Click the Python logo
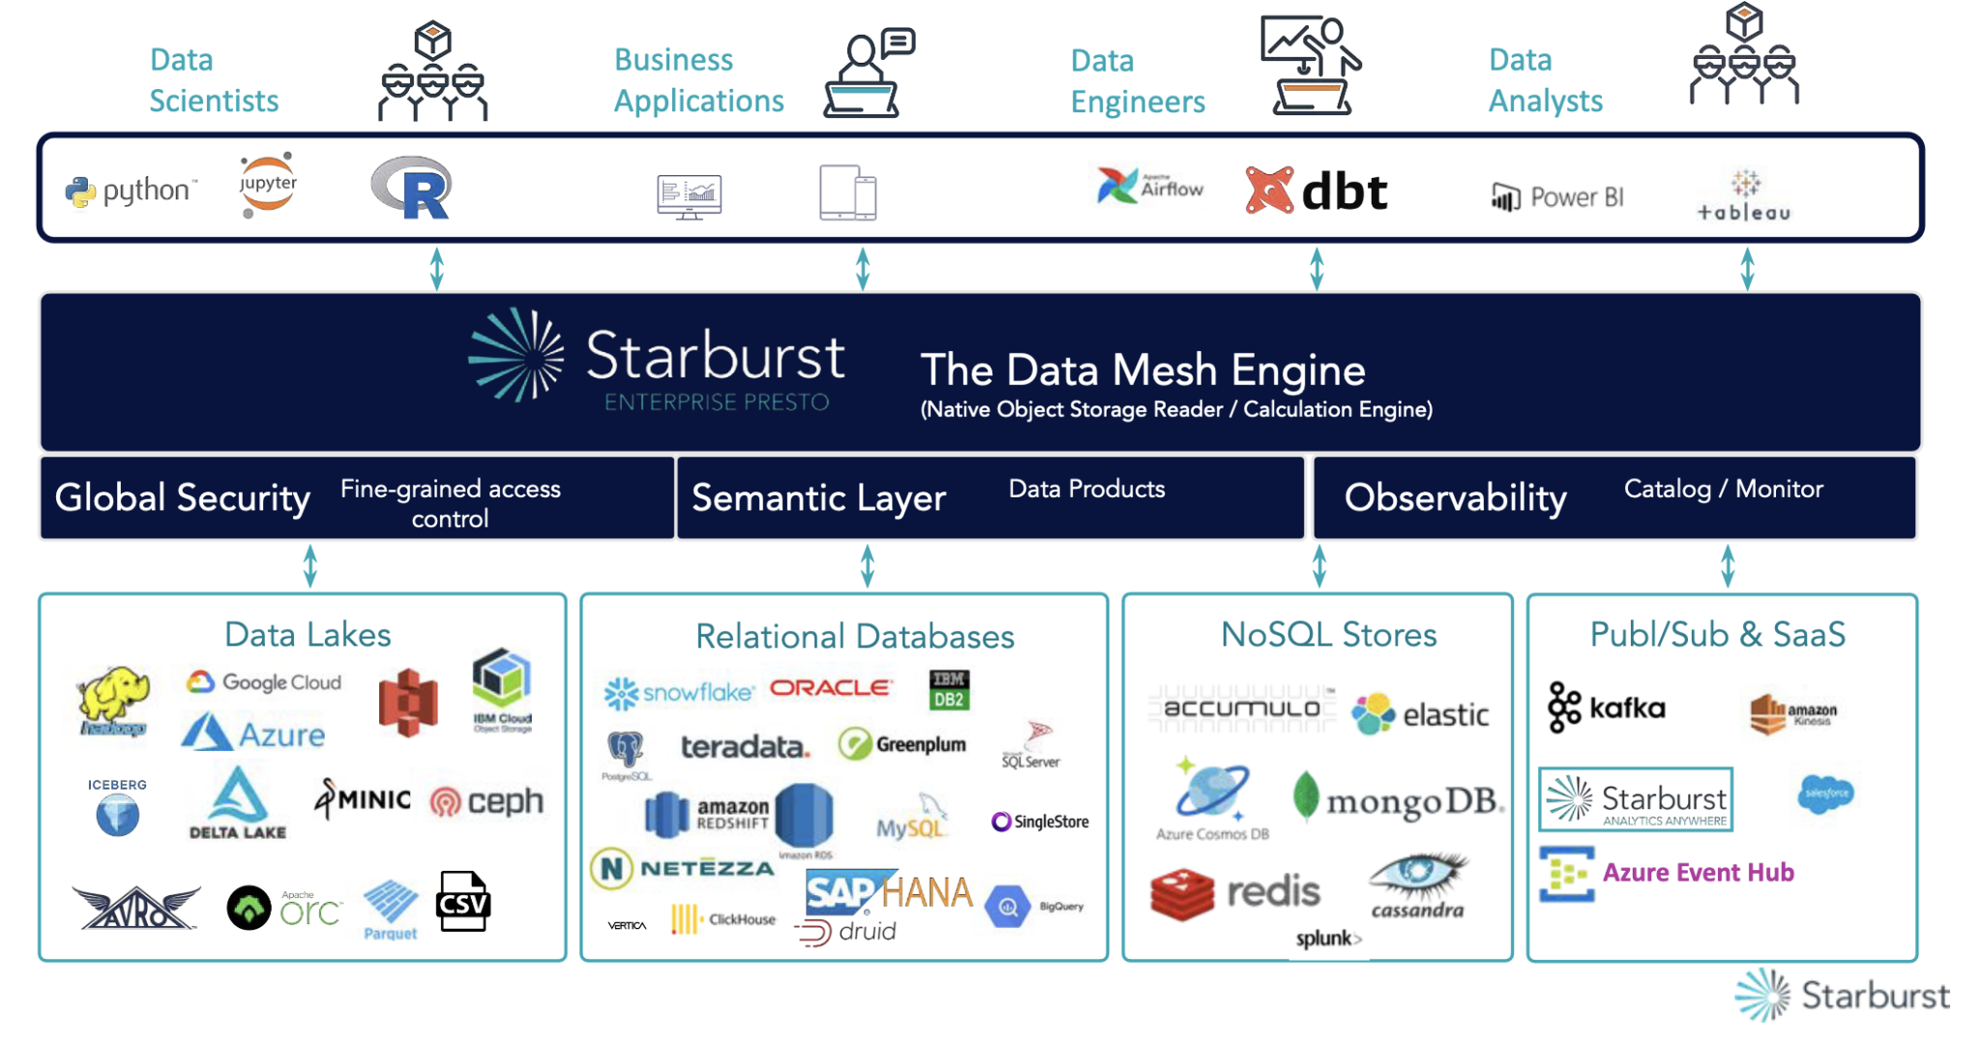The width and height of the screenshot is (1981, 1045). (x=131, y=192)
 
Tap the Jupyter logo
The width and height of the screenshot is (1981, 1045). (x=267, y=184)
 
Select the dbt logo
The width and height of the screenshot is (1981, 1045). (x=1316, y=191)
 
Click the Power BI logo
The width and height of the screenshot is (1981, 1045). (x=1556, y=197)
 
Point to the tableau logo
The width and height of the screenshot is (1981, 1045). (x=1744, y=196)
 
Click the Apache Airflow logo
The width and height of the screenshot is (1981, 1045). (x=1150, y=186)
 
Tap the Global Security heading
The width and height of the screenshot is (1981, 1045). (x=182, y=497)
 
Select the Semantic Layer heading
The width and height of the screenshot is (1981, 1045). (x=818, y=497)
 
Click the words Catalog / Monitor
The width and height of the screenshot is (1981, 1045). (x=1723, y=489)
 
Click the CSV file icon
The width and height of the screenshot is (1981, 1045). (x=463, y=901)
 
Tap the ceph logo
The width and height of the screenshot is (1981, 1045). (x=487, y=801)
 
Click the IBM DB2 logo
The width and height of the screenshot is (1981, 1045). (x=948, y=690)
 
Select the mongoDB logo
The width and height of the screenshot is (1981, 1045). (x=1399, y=799)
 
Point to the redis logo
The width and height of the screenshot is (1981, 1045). (x=1235, y=891)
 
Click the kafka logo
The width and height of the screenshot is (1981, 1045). (x=1606, y=707)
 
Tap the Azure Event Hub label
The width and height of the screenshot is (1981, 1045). (x=1698, y=872)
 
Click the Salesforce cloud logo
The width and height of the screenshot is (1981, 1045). (x=1825, y=793)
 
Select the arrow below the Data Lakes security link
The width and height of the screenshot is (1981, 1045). (x=310, y=566)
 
